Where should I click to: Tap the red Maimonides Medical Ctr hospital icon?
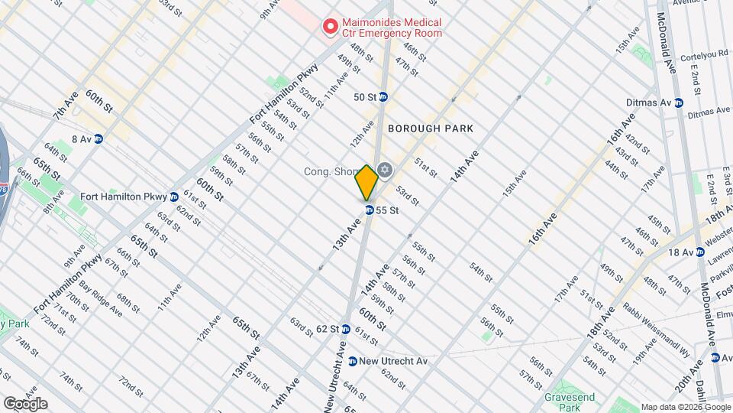pyautogui.click(x=331, y=28)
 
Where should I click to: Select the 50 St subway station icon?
pyautogui.click(x=384, y=97)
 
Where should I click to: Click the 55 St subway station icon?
pyautogui.click(x=369, y=210)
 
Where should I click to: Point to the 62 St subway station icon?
pyautogui.click(x=345, y=330)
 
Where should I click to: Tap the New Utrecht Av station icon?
pyautogui.click(x=352, y=361)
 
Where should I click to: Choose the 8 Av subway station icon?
pyautogui.click(x=98, y=138)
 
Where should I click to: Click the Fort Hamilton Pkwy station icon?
pyautogui.click(x=174, y=197)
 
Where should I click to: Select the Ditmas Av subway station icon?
pyautogui.click(x=678, y=102)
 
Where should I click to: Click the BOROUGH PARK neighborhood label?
pyautogui.click(x=431, y=129)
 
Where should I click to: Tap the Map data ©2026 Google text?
pyautogui.click(x=686, y=407)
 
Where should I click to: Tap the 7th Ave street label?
pyautogui.click(x=66, y=106)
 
